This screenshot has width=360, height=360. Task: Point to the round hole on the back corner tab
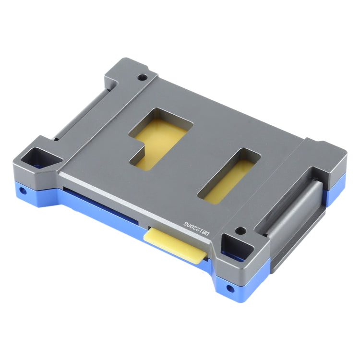(142, 76)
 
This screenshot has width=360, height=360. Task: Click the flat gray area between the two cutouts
(197, 154)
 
